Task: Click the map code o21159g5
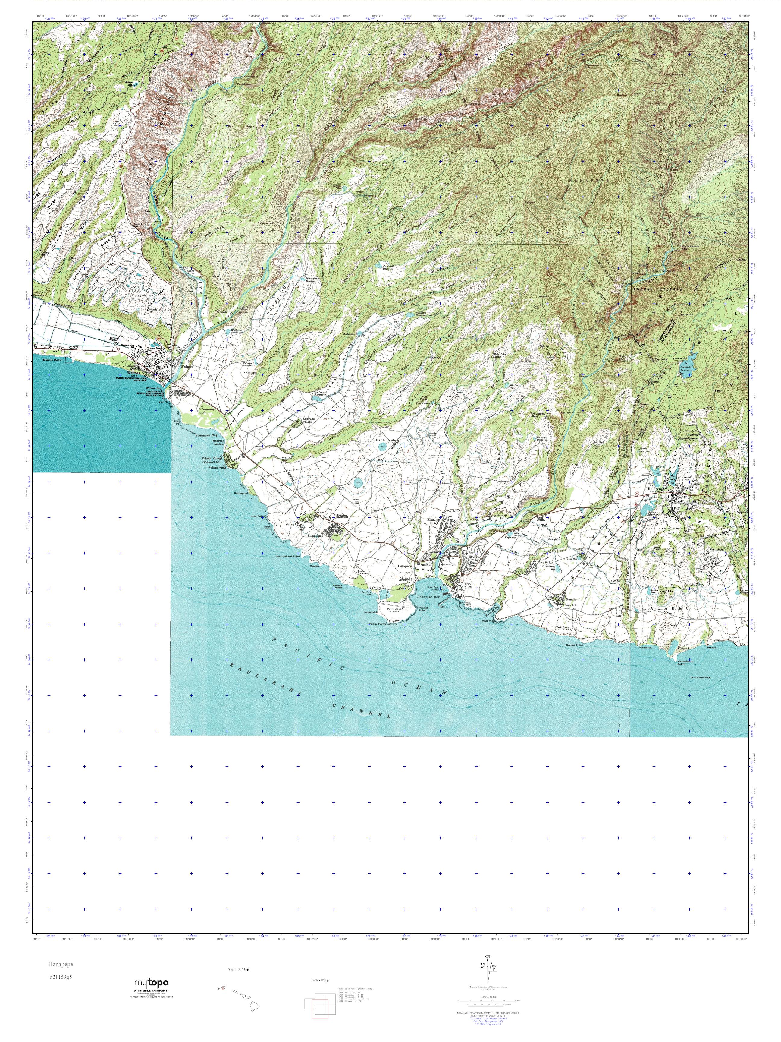pos(60,977)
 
